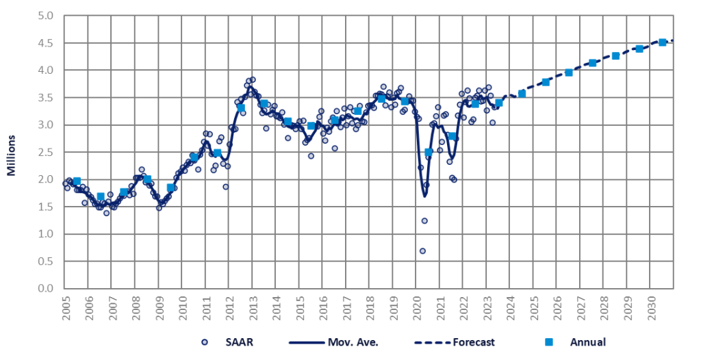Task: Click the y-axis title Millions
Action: pyautogui.click(x=12, y=153)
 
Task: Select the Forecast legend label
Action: pyautogui.click(x=474, y=342)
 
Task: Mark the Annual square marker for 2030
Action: pyautogui.click(x=662, y=42)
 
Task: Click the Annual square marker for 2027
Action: pyautogui.click(x=592, y=63)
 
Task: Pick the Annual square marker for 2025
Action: pyautogui.click(x=546, y=82)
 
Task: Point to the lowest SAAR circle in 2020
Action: pyautogui.click(x=422, y=251)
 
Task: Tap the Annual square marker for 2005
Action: pyautogui.click(x=77, y=181)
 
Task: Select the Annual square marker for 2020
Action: pyautogui.click(x=429, y=152)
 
